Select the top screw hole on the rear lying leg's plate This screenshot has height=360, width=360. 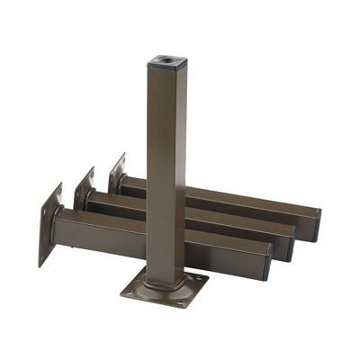[x=121, y=160]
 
